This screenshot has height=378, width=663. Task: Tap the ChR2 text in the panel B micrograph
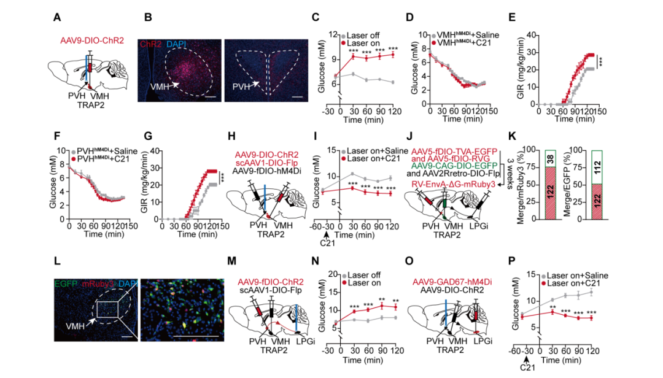[x=152, y=44]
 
